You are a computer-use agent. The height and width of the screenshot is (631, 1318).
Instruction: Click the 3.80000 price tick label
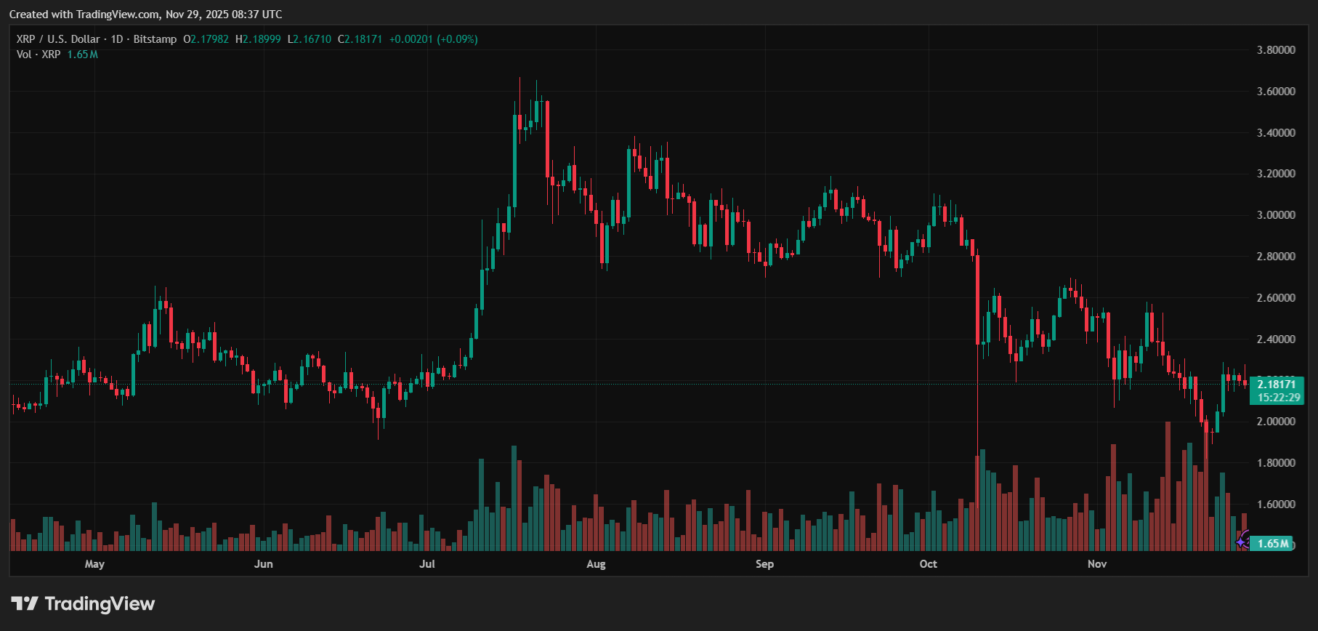coord(1276,50)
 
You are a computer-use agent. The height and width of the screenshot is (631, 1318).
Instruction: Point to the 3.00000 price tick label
coord(1276,215)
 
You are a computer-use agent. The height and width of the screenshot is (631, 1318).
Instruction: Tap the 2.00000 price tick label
coord(1276,422)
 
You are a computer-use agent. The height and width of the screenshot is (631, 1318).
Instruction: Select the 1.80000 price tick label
coord(1276,463)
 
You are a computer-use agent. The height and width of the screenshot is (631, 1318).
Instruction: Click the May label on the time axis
coord(94,564)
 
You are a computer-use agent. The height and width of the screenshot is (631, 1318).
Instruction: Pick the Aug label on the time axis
coord(596,564)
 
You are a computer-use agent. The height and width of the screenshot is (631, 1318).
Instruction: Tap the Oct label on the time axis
coord(928,564)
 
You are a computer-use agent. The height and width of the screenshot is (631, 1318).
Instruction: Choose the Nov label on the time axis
coord(1097,564)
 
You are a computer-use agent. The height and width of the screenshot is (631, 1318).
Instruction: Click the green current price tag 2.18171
coord(1277,385)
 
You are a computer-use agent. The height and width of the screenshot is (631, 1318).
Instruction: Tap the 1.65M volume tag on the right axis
coord(1273,544)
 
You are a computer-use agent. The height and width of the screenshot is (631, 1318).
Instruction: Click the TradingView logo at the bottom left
coord(83,604)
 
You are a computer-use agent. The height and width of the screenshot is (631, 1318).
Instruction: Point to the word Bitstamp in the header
coord(155,39)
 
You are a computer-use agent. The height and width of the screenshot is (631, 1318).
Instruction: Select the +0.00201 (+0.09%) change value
coord(433,39)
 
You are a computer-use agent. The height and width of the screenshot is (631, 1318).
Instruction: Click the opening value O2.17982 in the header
coord(206,39)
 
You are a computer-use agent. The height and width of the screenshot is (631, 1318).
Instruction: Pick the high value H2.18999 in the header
coord(258,39)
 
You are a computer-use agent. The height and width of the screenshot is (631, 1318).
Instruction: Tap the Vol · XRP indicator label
coord(39,55)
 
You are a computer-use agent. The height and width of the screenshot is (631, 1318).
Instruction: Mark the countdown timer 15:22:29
coord(1279,398)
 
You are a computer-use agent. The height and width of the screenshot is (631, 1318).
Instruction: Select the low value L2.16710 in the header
coord(310,39)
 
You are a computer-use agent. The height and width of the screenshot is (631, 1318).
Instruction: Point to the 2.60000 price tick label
coord(1276,298)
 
